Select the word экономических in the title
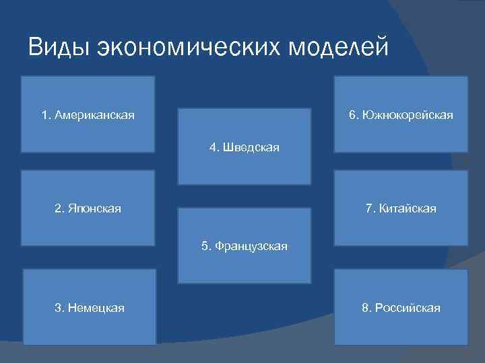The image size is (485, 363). [x=189, y=48]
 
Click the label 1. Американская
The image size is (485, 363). [x=88, y=116]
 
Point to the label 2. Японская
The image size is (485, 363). [x=88, y=209]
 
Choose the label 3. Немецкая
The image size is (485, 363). [x=89, y=308]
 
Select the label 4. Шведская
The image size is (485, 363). [x=244, y=147]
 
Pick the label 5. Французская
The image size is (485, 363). [x=244, y=246]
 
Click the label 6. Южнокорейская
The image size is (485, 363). [x=401, y=116]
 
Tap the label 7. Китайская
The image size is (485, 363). [x=401, y=209]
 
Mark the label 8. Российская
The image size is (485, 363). [x=401, y=308]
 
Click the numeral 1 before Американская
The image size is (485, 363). [x=44, y=116]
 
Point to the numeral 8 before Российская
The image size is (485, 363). [x=365, y=308]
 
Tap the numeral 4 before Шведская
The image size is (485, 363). [x=214, y=147]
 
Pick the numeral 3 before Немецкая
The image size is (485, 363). [x=57, y=308]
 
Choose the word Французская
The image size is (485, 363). [x=250, y=246]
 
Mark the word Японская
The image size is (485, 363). [x=94, y=209]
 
